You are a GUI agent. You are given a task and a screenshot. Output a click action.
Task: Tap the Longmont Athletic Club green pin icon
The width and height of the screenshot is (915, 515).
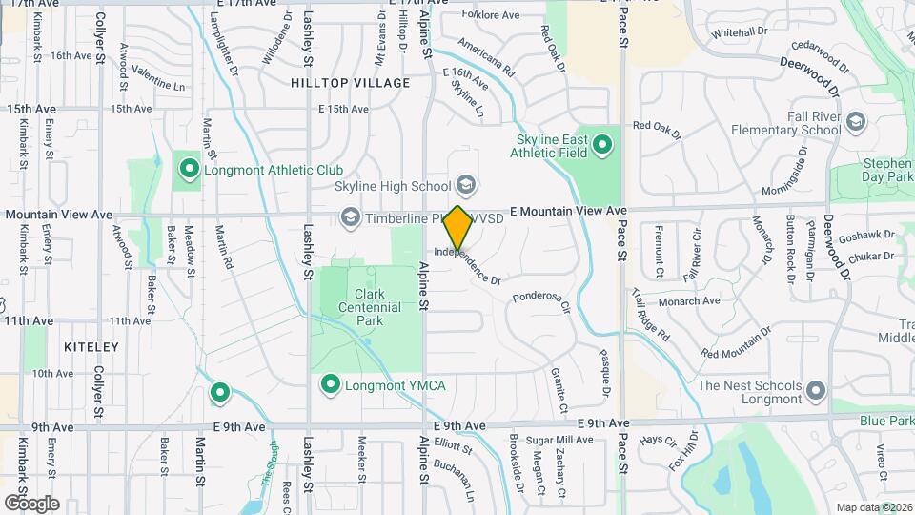point(189,170)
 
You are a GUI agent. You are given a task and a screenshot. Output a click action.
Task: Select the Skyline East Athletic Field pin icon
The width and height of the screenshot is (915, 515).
point(601,145)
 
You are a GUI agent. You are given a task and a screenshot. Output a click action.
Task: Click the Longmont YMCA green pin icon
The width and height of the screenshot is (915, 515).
point(331,384)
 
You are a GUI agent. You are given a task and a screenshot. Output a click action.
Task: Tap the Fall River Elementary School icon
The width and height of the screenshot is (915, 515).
point(856,122)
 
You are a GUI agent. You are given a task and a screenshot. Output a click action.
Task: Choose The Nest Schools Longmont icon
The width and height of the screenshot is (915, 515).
point(815,391)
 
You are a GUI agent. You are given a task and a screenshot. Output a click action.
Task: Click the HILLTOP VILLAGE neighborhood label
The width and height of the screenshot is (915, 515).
point(351,83)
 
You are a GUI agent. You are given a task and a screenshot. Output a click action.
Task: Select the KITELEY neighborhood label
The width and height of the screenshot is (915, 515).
point(91,347)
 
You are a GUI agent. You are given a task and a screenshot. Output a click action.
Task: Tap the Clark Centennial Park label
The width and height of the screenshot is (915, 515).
point(363,308)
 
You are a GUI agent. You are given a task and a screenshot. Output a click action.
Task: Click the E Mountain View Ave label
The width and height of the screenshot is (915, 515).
point(568,210)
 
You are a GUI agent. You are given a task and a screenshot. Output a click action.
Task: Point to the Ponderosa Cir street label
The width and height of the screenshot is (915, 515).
point(540,301)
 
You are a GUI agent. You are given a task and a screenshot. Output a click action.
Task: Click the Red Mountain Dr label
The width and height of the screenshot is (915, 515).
point(736,345)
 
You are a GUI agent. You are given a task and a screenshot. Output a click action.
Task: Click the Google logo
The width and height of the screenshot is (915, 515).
point(31,503)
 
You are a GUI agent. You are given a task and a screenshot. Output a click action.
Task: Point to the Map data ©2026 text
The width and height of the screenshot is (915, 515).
point(873,507)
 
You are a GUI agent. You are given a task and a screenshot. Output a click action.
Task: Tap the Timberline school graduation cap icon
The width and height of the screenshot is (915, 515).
point(350,218)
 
